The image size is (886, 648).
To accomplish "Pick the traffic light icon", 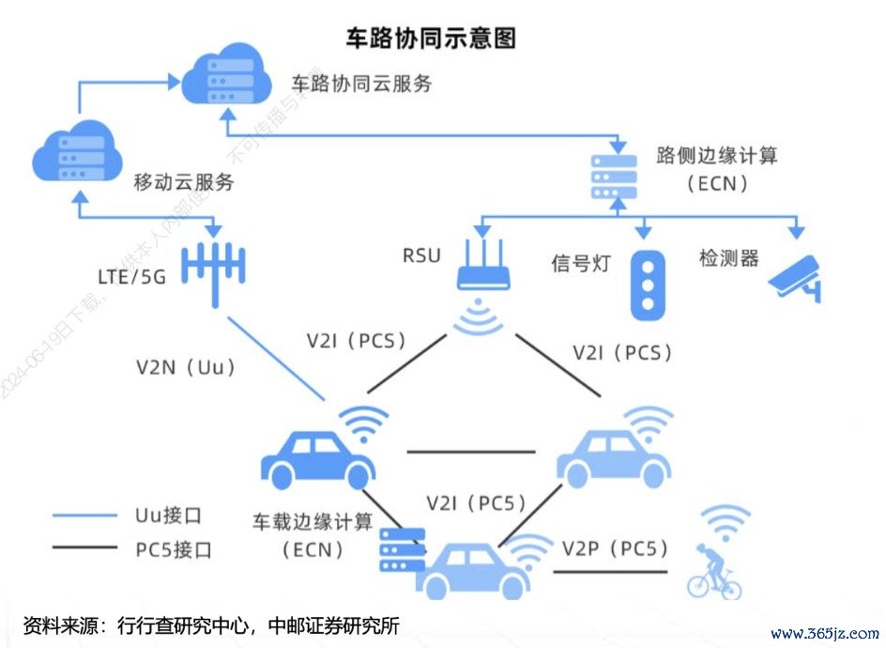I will click(647, 281).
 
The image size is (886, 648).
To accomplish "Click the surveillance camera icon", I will click(794, 276).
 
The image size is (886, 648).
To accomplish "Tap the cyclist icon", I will click(715, 570).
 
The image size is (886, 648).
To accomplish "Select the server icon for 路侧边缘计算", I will click(612, 175).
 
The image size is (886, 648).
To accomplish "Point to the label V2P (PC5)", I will click(616, 548).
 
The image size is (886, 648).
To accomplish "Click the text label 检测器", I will click(728, 258).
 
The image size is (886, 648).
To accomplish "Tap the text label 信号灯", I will click(580, 263).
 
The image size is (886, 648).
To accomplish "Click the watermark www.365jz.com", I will click(824, 633).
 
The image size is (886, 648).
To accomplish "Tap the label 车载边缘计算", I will click(313, 522).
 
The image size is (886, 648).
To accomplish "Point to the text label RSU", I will click(421, 255).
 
